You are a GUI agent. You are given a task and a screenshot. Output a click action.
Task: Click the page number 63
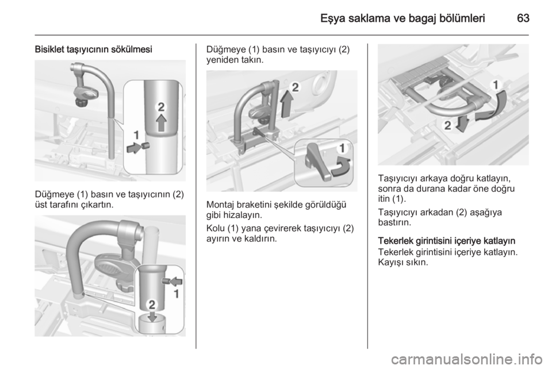coord(523,18)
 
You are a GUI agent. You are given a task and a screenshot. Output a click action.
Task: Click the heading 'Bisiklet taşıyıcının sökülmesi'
coord(94,49)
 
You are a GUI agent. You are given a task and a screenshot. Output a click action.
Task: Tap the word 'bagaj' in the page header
coord(422,18)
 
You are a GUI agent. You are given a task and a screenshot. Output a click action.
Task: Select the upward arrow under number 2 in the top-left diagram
coord(161,123)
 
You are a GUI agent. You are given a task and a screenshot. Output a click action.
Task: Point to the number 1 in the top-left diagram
coord(136,135)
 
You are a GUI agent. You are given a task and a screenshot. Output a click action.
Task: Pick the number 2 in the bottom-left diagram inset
coord(152,305)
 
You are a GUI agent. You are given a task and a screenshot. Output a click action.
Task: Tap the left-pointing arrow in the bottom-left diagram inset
coord(177,280)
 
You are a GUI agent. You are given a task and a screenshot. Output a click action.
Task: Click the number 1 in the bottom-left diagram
coord(177,294)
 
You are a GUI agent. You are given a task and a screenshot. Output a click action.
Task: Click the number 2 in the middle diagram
coord(295,87)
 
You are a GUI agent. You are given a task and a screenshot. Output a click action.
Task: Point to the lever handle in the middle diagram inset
coord(318,161)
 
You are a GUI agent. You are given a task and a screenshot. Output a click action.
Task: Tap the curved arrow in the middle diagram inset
coord(342,167)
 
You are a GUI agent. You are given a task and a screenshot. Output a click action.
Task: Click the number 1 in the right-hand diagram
coord(496,84)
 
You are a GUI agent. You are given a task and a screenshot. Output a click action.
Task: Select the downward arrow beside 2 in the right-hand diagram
coord(462,124)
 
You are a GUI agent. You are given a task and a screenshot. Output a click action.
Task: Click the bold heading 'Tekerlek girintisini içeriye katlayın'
coord(447,241)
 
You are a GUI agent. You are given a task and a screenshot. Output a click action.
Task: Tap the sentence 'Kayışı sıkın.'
coord(403,263)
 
